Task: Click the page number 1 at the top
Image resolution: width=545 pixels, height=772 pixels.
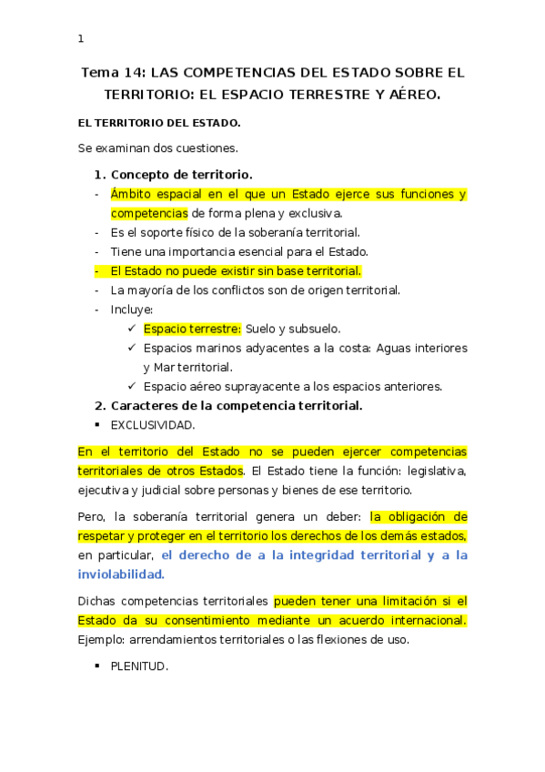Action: click(81, 39)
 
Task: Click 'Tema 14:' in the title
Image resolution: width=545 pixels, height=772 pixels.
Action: click(114, 72)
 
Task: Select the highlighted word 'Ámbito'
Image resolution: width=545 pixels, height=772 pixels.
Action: click(131, 194)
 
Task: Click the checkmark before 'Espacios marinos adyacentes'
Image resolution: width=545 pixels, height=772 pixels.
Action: click(133, 348)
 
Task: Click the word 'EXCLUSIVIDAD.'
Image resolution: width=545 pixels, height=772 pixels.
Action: click(153, 424)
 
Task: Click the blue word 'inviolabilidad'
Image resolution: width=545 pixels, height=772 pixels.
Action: click(120, 574)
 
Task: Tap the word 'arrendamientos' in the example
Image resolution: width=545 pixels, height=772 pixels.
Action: click(171, 639)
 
